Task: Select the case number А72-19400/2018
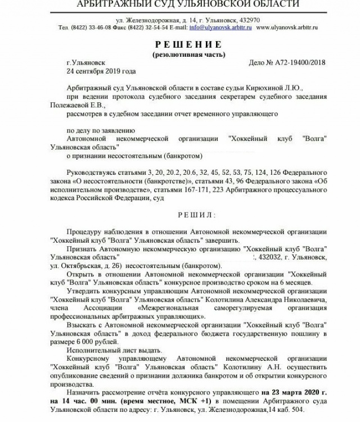(298, 63)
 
